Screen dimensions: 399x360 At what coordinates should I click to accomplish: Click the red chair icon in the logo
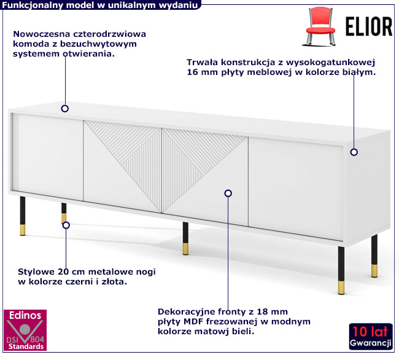[319, 26]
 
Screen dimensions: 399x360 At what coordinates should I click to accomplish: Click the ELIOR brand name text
[369, 26]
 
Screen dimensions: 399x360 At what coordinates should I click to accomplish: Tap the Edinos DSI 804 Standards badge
[25, 330]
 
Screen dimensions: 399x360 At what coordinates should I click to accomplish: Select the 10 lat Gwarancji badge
[371, 336]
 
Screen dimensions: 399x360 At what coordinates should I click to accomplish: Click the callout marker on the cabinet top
[65, 109]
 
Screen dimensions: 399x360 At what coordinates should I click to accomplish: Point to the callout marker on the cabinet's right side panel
[354, 152]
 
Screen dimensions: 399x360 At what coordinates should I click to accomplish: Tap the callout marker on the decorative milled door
[228, 194]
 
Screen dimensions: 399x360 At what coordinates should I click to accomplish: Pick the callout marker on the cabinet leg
[66, 225]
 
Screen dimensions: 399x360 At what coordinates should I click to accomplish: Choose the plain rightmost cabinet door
[295, 189]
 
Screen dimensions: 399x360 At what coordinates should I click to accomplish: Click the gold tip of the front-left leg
[23, 230]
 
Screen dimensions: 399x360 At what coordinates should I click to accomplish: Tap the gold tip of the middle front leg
[185, 249]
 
